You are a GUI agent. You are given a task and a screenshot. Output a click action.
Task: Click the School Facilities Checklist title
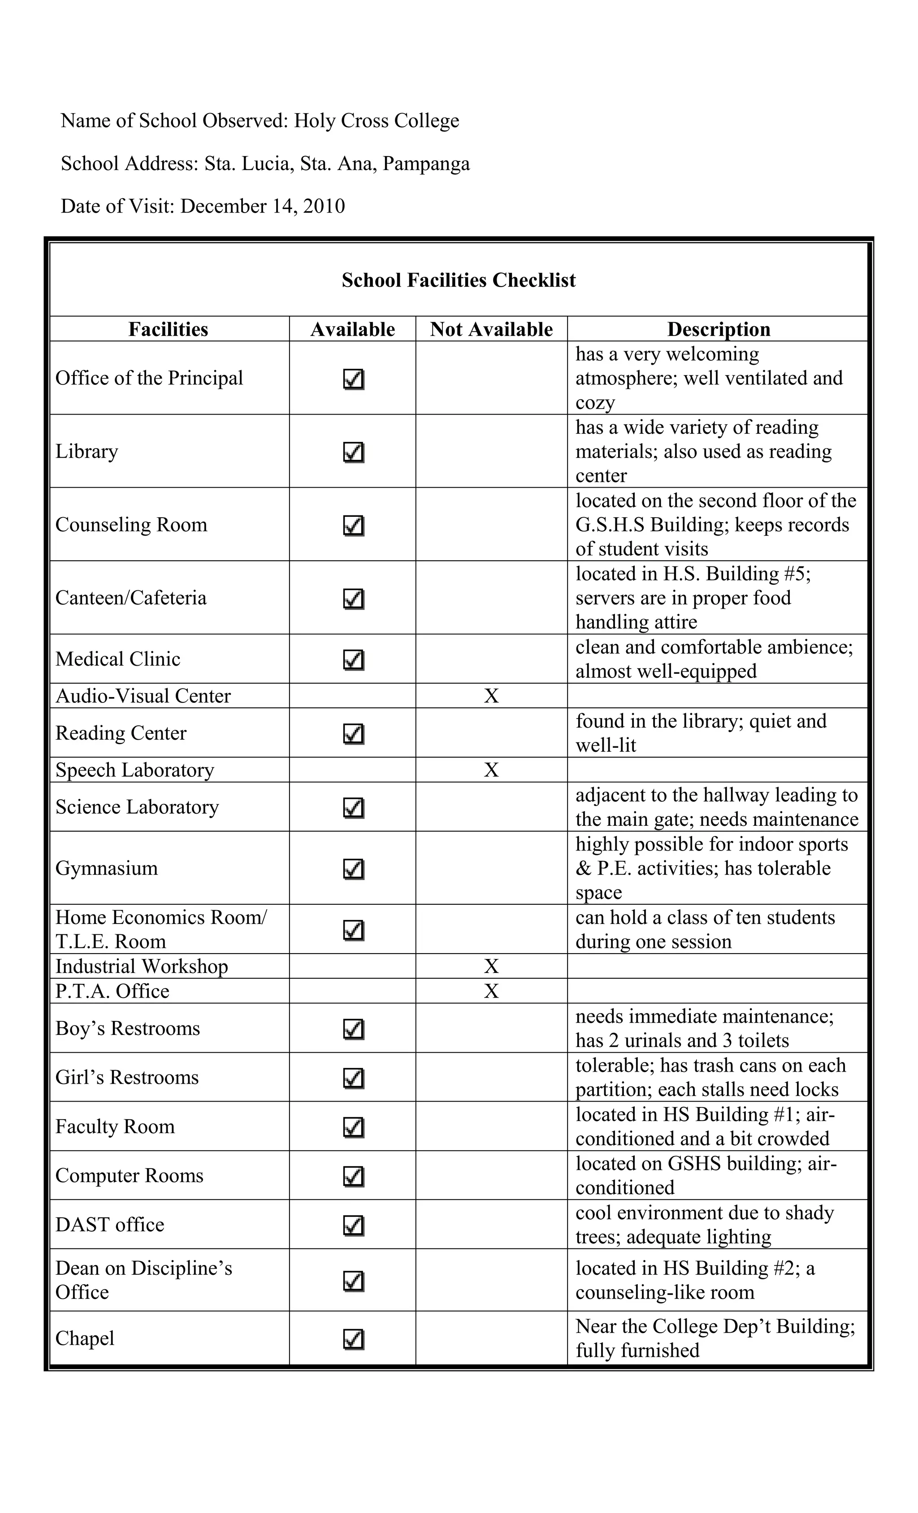[x=459, y=281]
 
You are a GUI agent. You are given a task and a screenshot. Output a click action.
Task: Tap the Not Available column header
[x=491, y=330]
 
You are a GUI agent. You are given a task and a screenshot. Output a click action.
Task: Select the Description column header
[x=718, y=330]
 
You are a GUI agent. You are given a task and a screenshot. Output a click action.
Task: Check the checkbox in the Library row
[x=354, y=453]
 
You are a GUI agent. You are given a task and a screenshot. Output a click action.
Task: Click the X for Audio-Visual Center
[x=491, y=696]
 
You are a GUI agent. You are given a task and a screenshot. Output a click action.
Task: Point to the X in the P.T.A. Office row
[x=491, y=991]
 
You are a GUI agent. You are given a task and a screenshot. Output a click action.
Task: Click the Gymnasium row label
[x=107, y=868]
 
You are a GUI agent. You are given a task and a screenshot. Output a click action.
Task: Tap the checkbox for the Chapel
[x=354, y=1339]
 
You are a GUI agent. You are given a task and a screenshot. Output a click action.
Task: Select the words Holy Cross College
[x=376, y=121]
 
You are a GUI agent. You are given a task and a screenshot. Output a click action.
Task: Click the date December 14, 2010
[x=263, y=206]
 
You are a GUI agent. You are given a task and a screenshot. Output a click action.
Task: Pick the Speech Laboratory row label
[x=134, y=770]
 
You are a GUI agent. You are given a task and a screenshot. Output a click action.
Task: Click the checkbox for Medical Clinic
[x=354, y=660]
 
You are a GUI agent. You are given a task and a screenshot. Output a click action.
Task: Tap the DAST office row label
[x=110, y=1225]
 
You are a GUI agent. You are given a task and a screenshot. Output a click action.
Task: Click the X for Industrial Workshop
[x=491, y=967]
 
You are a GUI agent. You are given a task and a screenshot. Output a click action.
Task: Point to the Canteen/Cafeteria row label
[x=131, y=598]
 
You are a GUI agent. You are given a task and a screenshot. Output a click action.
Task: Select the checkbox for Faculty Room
[x=354, y=1127]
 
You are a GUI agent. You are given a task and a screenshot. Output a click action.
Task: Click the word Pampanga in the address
[x=426, y=164]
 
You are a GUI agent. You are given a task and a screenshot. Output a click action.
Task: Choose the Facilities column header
[x=168, y=330]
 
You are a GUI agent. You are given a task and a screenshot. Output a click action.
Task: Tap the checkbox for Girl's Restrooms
[x=354, y=1077]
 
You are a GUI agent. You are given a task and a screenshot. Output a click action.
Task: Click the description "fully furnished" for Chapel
[x=637, y=1350]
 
